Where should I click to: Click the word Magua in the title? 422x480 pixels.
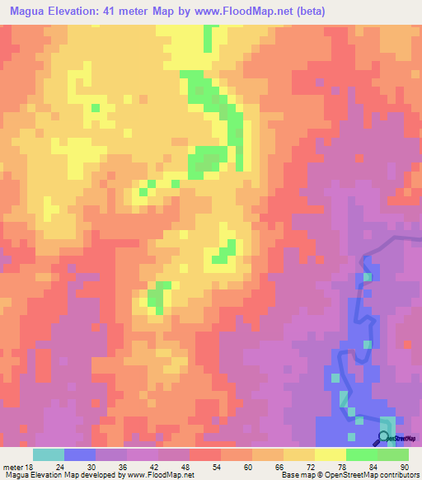(x=30, y=12)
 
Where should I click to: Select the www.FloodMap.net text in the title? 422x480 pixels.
(x=242, y=12)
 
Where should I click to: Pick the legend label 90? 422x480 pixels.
(x=393, y=466)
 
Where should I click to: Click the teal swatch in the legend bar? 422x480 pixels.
(x=49, y=454)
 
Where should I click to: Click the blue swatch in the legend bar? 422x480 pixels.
(x=80, y=454)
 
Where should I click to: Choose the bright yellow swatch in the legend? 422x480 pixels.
(x=331, y=454)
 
